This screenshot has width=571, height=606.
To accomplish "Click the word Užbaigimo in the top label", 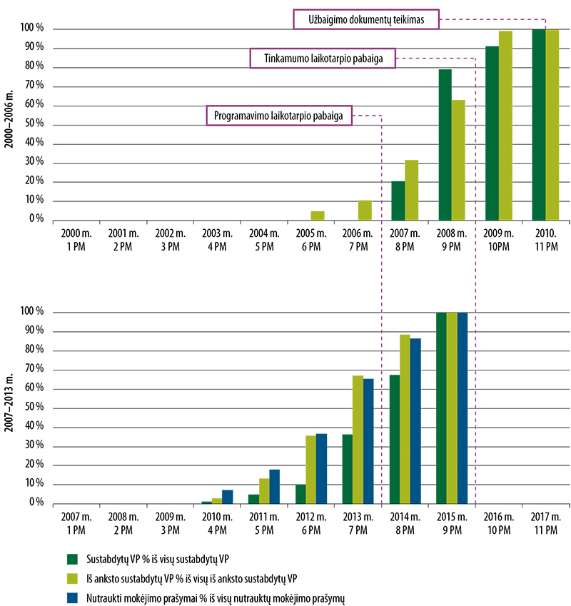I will click(x=325, y=20).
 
